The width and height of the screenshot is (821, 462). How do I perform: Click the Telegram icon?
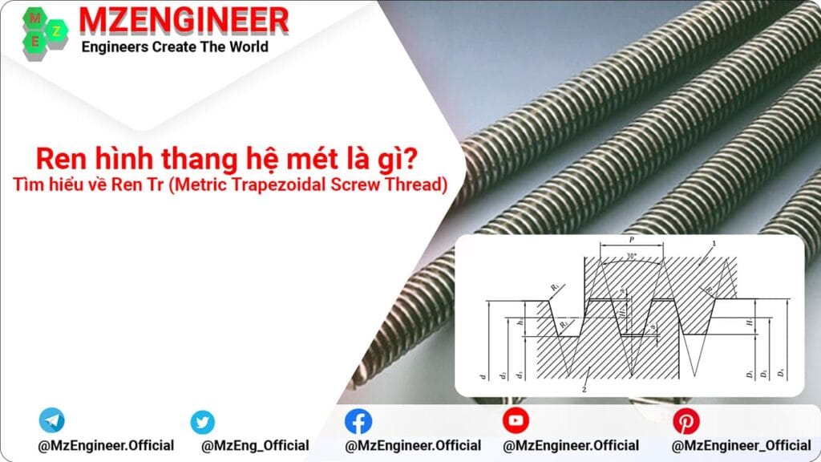click(x=52, y=420)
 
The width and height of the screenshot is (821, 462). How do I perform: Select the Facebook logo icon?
click(x=358, y=421)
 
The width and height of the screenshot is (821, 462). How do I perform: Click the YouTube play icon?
click(x=516, y=420)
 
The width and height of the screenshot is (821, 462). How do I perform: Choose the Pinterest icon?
click(x=686, y=421)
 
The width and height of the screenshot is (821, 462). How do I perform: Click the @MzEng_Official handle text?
click(x=255, y=445)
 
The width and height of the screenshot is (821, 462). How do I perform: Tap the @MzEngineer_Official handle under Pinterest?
click(x=741, y=445)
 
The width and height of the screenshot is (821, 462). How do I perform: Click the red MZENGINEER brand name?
click(x=184, y=20)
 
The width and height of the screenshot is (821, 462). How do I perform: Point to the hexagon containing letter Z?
click(x=57, y=30)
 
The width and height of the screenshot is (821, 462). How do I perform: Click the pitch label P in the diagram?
click(x=631, y=240)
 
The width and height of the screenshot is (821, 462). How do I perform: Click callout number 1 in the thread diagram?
click(x=714, y=242)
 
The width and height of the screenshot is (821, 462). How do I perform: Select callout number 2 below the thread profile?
click(x=584, y=389)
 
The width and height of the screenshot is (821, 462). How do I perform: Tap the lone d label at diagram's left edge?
click(x=483, y=375)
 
